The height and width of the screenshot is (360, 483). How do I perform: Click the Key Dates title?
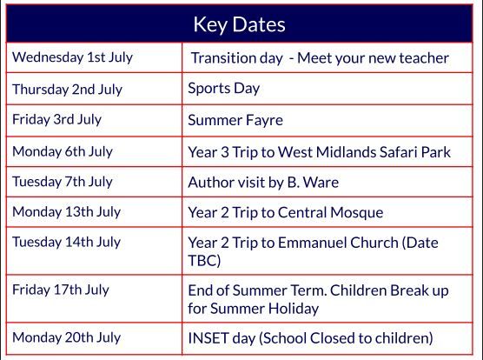click(240, 24)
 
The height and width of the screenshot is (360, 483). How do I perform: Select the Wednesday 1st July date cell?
click(73, 57)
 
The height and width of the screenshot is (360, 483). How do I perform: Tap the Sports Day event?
click(224, 89)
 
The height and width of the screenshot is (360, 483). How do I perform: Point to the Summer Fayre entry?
click(235, 120)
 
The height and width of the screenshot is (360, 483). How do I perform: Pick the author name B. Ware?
click(313, 182)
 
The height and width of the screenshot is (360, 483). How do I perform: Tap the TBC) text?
click(204, 261)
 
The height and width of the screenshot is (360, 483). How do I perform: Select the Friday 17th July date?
click(61, 290)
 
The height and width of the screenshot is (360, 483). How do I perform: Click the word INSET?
click(208, 338)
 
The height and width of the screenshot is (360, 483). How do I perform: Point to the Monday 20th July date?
click(67, 337)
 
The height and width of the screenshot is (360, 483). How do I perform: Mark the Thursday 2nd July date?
click(67, 90)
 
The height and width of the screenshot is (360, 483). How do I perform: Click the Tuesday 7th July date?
click(63, 182)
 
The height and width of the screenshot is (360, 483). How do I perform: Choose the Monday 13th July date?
click(67, 212)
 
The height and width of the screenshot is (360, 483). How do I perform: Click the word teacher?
click(424, 58)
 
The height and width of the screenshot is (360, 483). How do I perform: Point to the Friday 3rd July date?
click(56, 120)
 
